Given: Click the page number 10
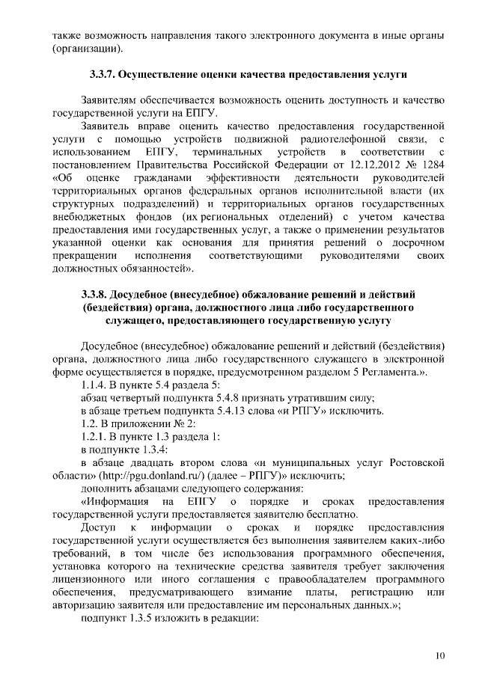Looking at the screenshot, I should click(x=439, y=656).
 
